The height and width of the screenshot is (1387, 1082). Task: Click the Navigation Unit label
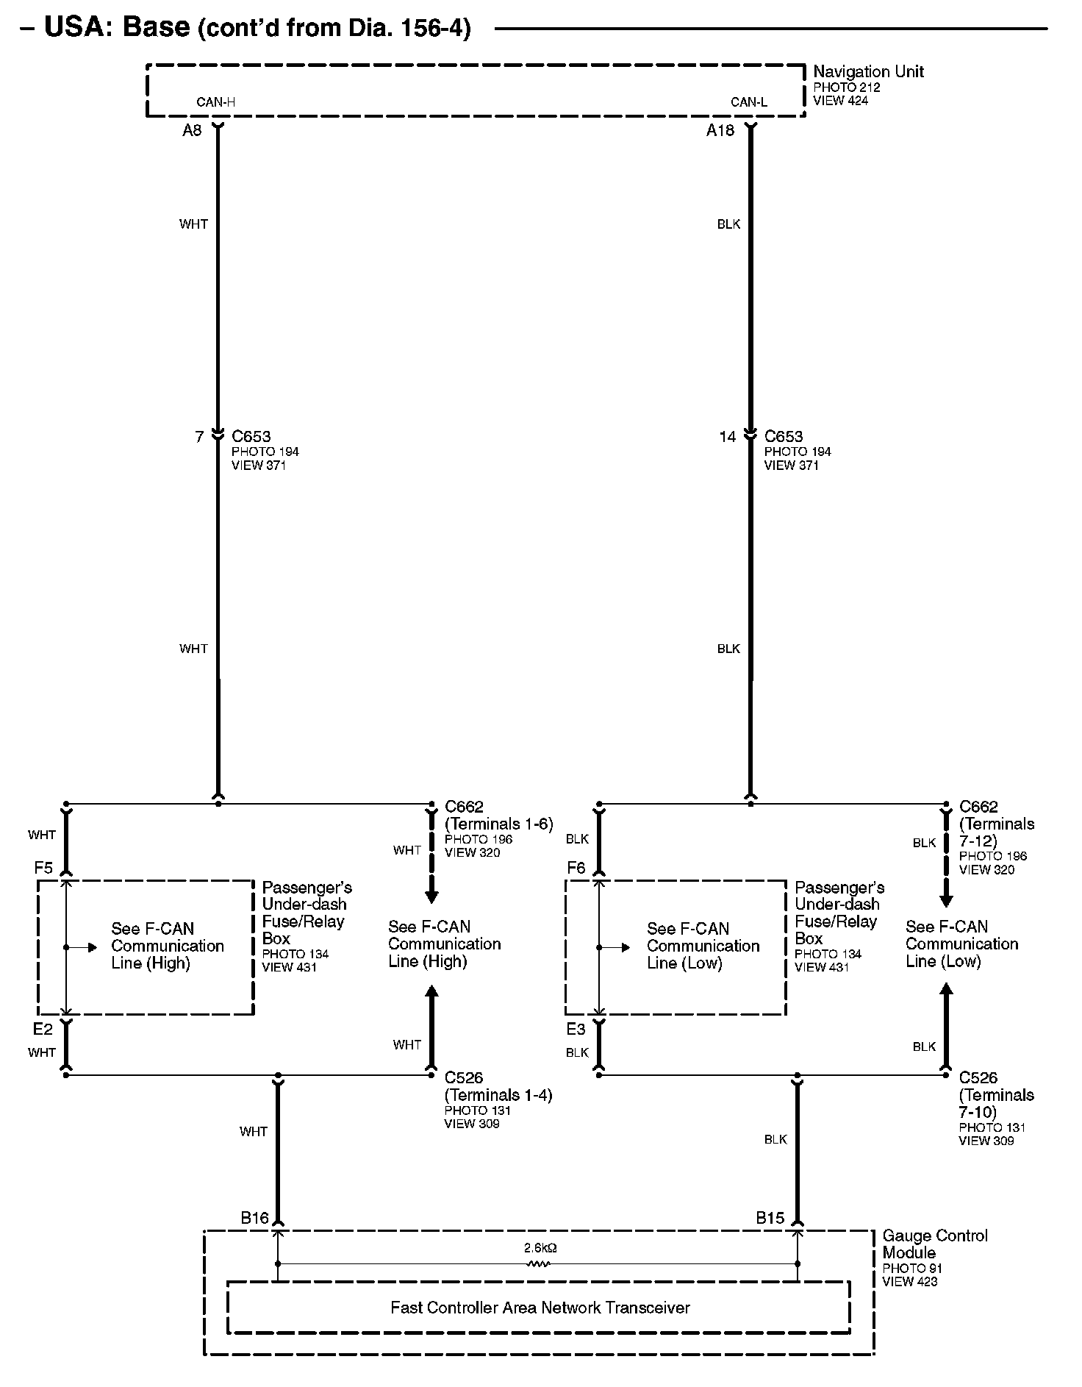pos(867,72)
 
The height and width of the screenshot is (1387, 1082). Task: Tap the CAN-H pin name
pos(215,102)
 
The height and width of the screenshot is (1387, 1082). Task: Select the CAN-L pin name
pos(748,102)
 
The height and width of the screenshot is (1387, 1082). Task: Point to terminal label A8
pos(192,131)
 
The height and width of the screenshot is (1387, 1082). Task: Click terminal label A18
pos(720,131)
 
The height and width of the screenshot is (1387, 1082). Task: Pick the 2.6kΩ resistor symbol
pos(539,1264)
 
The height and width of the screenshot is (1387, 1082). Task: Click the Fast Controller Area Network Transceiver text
pos(540,1308)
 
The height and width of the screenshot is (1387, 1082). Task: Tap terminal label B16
pos(254,1218)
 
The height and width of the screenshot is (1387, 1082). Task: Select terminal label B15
pos(770,1218)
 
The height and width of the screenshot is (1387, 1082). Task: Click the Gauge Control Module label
pos(934,1244)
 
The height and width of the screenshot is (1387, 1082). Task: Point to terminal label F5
pos(43,868)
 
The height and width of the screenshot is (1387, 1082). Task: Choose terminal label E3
pos(576,1029)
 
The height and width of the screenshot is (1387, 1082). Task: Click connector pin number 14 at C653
pos(727,437)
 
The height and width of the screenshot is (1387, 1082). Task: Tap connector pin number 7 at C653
pos(199,437)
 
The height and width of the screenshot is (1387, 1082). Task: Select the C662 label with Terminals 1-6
pos(498,815)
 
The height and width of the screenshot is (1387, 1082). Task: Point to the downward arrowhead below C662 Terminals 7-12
pos(947,901)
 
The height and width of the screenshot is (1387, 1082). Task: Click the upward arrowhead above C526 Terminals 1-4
pos(431,992)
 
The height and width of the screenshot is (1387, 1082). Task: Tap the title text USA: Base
pos(117,27)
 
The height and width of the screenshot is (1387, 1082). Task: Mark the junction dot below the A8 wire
pos(218,804)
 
